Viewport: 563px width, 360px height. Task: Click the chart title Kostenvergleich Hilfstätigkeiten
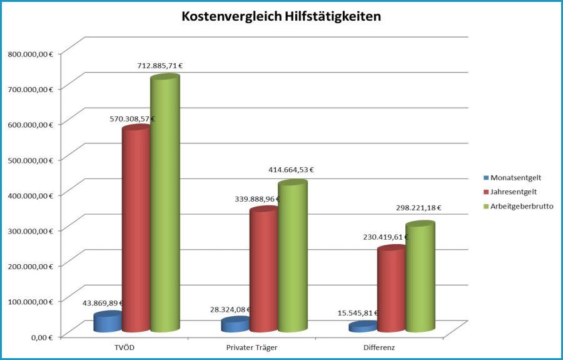coord(281,17)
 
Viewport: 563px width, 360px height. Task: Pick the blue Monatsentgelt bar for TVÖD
coord(108,322)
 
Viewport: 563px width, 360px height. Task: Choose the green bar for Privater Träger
coord(292,257)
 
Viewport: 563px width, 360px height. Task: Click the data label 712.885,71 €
coord(160,66)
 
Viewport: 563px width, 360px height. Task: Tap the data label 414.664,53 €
coord(290,170)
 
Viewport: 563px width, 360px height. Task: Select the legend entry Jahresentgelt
coord(513,192)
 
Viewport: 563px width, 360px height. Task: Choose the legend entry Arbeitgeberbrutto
coord(521,206)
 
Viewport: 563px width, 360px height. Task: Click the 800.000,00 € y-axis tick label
coord(30,54)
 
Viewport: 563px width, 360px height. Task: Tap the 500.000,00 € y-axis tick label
coord(30,160)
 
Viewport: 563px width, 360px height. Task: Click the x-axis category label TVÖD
coord(122,347)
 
